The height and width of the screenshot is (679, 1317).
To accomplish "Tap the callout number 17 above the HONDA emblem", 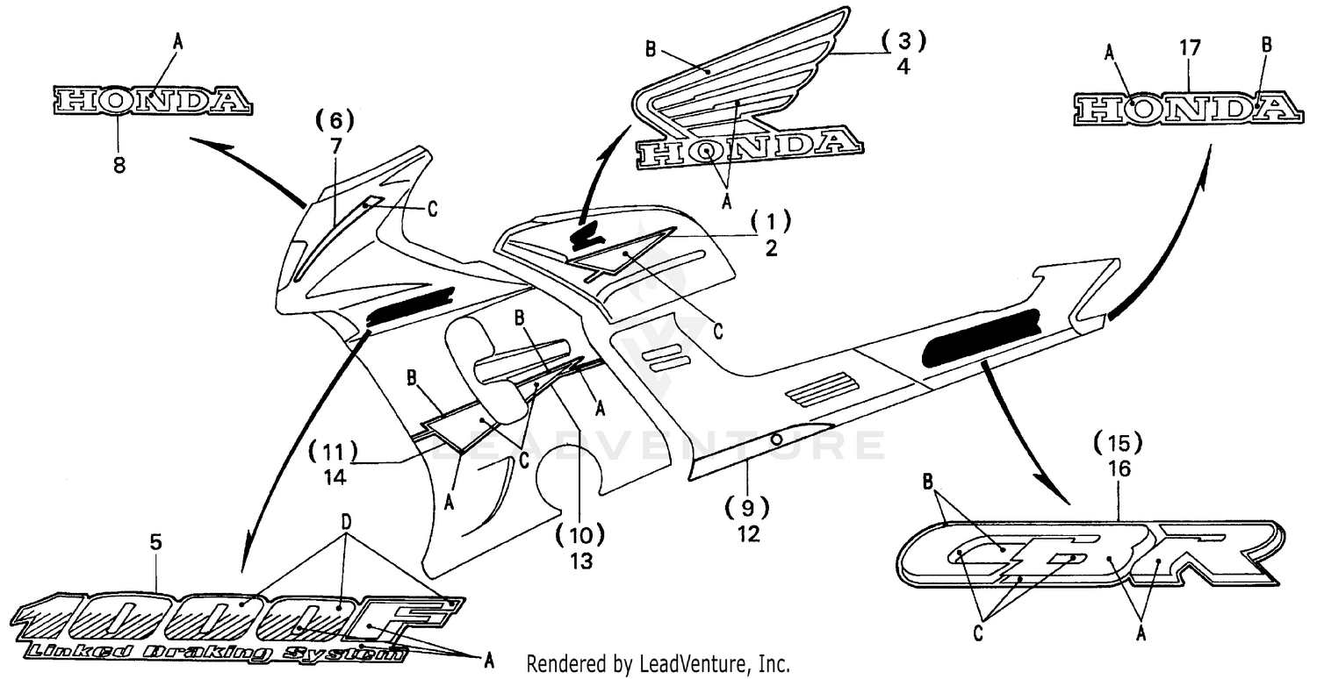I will coord(1190,49).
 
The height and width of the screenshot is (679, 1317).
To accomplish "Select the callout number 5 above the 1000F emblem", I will coord(155,543).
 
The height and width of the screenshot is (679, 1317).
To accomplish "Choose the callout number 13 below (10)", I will coord(579,560).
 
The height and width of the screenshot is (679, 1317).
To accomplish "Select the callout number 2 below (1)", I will coord(771,248).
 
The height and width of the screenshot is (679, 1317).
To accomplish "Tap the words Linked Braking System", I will coord(215,652).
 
